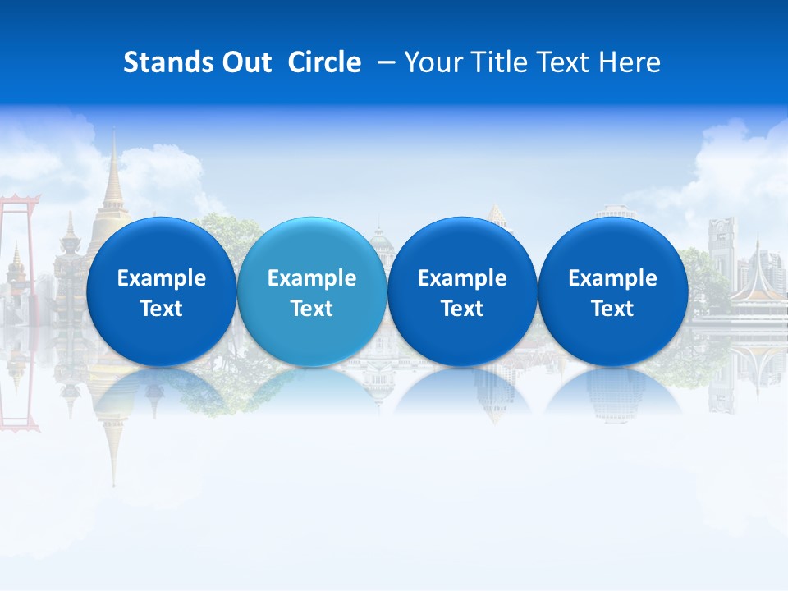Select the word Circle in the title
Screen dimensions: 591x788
324,62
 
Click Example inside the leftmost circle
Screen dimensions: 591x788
161,278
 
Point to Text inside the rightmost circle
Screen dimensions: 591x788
612,309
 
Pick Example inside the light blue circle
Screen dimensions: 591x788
312,278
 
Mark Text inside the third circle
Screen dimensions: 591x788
462,309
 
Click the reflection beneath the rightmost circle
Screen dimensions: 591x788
612,394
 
